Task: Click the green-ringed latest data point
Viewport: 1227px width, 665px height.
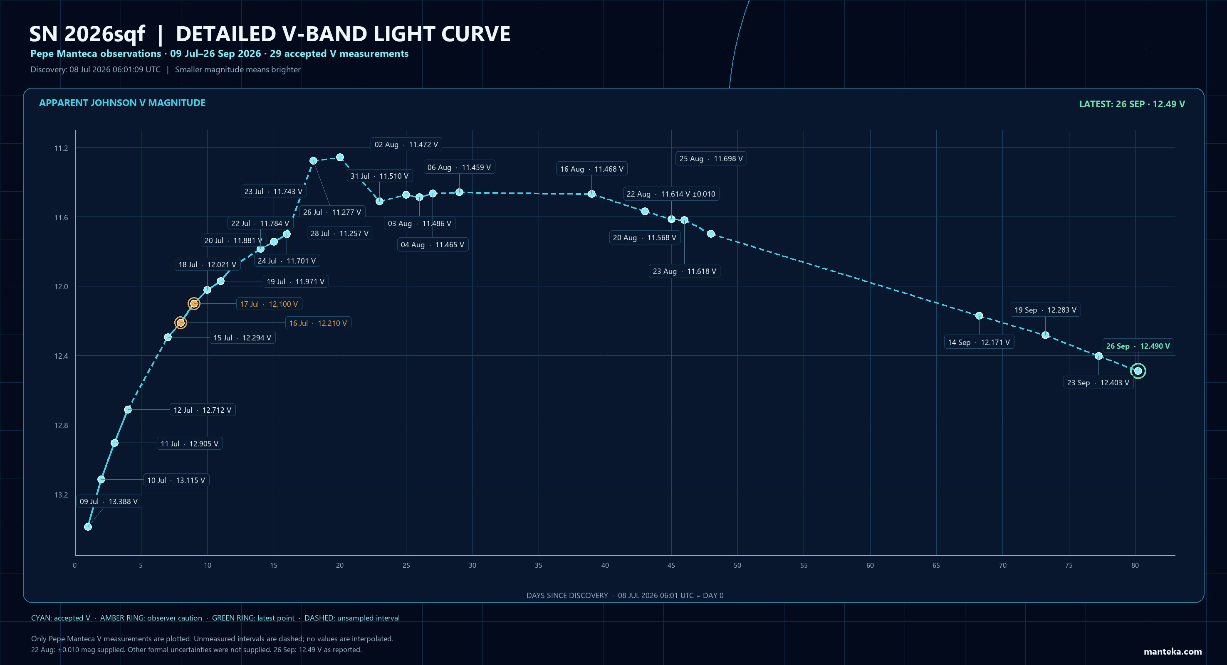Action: coord(1138,371)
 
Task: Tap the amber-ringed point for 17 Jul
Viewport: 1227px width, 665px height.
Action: coord(194,304)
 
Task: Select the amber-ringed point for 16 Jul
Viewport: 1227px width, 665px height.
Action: coord(181,323)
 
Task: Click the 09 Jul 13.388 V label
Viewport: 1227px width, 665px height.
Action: coord(109,501)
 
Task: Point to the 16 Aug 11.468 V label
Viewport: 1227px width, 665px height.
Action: coord(591,169)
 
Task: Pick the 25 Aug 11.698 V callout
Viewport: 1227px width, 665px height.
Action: coord(711,158)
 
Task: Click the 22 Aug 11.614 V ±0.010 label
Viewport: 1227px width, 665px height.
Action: coord(671,194)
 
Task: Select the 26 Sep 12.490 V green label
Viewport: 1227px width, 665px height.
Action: coord(1138,346)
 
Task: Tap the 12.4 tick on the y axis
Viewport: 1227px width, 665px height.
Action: coord(61,356)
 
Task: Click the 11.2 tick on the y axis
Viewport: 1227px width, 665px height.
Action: coord(61,148)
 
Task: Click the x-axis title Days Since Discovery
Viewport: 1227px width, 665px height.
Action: coord(567,596)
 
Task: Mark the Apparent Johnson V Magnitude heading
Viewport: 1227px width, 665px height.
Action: coord(122,103)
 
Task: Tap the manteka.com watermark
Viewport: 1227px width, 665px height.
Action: coord(1173,652)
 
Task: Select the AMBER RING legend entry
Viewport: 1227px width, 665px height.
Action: coord(151,618)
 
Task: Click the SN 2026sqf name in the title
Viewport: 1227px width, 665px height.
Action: coord(87,34)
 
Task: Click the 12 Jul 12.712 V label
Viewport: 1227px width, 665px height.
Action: coord(203,410)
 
